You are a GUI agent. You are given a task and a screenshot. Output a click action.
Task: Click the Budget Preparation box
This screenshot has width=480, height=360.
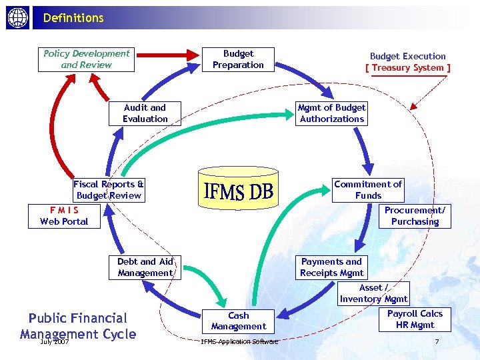pos(238,59)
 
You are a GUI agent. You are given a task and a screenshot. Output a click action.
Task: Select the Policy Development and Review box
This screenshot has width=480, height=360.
pos(87,59)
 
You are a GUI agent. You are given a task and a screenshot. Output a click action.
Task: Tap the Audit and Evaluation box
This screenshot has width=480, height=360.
pos(145,113)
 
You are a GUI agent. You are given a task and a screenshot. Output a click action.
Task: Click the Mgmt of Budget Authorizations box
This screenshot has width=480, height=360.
pos(331,113)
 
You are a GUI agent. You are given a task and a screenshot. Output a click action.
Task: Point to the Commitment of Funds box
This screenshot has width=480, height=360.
pos(368,190)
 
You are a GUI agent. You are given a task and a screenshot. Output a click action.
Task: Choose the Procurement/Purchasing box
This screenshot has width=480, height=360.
pos(415,216)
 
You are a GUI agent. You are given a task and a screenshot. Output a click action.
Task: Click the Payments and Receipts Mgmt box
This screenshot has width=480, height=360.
pos(331,267)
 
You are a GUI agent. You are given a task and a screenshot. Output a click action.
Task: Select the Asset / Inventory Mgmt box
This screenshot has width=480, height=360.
pos(373,293)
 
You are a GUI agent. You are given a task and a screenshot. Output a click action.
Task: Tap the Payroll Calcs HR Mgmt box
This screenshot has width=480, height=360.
pos(415,319)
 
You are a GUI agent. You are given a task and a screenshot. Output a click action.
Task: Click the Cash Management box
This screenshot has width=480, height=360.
pos(238,321)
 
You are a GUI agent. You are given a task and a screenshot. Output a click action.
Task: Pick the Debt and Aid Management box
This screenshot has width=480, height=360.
pos(145,267)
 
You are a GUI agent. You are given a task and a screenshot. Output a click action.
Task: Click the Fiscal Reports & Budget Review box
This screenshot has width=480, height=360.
pos(109,190)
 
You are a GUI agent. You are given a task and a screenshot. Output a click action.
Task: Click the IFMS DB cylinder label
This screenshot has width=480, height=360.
pos(238,192)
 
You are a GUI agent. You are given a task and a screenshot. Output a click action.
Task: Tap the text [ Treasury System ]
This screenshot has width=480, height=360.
pos(408,68)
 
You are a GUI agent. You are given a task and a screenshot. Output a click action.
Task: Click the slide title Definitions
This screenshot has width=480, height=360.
pos(73,18)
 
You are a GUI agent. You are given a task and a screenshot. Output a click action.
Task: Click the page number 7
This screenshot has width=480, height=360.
pos(437,342)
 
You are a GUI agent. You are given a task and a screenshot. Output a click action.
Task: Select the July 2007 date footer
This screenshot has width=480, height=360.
pos(55,342)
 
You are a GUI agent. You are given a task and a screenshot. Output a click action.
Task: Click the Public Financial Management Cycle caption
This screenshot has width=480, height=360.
pos(78,326)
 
